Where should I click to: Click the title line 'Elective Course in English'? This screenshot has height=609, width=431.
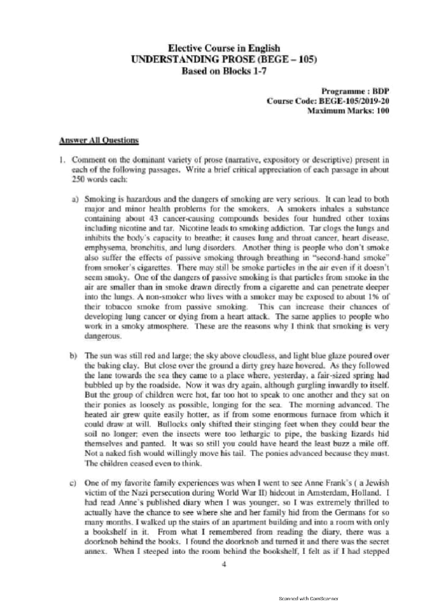(224, 48)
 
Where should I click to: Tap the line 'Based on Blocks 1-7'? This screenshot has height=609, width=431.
(224, 71)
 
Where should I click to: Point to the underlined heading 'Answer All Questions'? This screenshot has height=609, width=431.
(99, 140)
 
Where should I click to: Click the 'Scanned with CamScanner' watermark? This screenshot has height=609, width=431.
(309, 599)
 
